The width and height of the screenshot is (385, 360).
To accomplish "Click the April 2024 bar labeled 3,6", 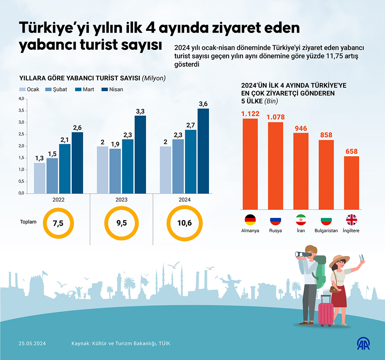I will (x=203, y=151).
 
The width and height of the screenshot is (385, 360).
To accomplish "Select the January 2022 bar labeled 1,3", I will (x=40, y=178).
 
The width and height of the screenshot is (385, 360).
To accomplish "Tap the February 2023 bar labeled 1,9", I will (x=115, y=171).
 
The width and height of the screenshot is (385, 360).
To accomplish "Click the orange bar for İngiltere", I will (x=351, y=183).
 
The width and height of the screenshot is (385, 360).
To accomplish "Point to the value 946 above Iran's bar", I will (x=301, y=128).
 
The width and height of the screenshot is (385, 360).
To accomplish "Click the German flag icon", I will (x=250, y=220).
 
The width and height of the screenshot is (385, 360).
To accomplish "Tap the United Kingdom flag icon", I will (x=351, y=220).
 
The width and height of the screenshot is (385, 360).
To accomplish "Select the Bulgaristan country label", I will (x=326, y=231).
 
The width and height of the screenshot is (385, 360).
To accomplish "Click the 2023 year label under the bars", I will (x=121, y=200).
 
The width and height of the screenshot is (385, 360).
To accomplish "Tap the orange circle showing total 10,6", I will (x=184, y=223).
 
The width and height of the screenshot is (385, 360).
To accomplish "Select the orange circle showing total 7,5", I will (x=58, y=223).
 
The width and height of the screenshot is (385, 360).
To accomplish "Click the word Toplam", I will (x=28, y=222).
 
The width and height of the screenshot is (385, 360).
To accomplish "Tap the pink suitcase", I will (x=325, y=311).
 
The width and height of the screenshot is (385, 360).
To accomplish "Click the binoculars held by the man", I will (x=302, y=255).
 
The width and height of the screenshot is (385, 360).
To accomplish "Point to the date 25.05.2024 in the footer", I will (x=32, y=344).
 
